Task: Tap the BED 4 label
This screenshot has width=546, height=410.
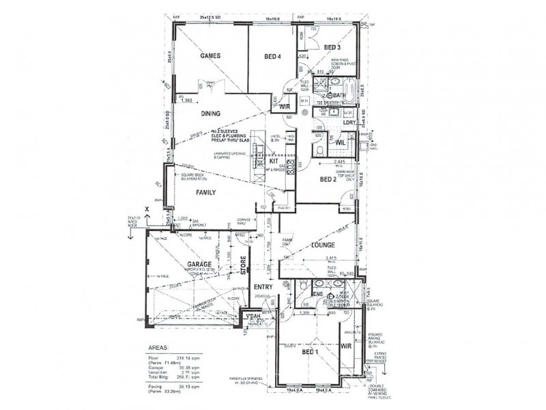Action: pos(273,57)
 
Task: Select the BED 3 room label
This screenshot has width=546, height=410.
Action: pos(332,47)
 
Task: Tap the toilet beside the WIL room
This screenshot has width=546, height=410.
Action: pos(319,147)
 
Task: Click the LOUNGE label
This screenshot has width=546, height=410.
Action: pos(320,244)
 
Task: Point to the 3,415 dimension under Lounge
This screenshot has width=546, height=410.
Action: pos(332,258)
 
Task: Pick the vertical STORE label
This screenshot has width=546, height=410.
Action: pos(243,264)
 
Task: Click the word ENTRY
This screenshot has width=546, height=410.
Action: pos(263,287)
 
